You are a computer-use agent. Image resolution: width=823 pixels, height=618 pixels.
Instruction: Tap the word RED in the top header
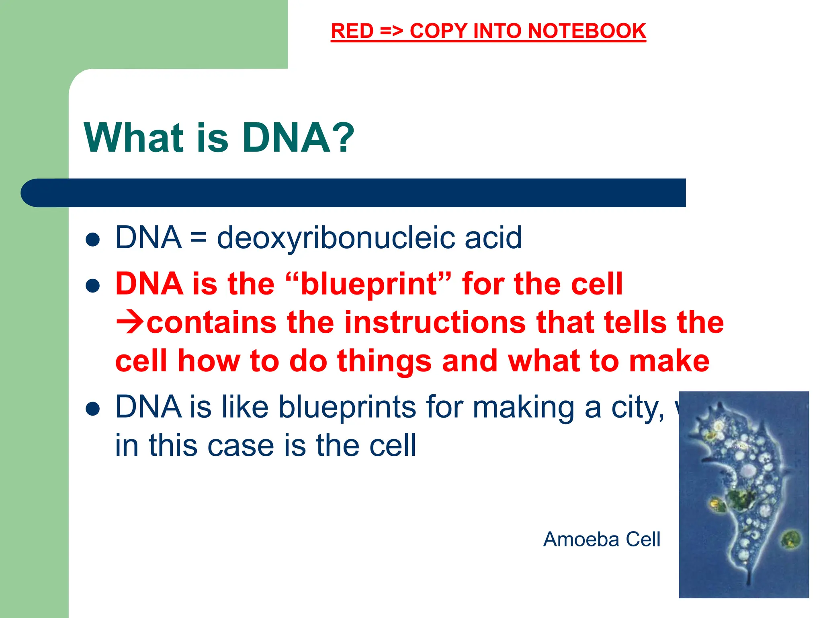(x=352, y=31)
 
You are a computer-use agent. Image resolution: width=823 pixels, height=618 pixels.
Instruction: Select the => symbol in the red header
(x=391, y=31)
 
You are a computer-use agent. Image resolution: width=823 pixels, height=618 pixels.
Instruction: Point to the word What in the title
(x=133, y=138)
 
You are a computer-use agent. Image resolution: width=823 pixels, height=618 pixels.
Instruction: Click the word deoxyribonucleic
(x=336, y=238)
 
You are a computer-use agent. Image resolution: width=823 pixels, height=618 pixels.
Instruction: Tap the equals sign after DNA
(x=199, y=238)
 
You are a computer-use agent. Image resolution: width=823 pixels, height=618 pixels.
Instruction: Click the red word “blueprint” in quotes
(x=368, y=284)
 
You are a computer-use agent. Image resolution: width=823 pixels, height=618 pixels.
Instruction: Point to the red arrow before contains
(x=129, y=322)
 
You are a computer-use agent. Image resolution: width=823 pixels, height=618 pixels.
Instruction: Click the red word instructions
(x=435, y=322)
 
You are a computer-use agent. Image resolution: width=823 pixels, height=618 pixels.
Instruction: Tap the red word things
(x=384, y=361)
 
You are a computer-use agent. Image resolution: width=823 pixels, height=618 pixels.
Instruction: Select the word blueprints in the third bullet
(x=348, y=408)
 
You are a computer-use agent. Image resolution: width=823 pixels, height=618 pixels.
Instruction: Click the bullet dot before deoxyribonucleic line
(x=93, y=240)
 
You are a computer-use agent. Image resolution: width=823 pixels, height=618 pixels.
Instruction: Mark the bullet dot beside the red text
(x=93, y=286)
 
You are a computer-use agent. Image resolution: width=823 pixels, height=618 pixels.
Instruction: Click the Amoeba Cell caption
(x=601, y=539)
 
